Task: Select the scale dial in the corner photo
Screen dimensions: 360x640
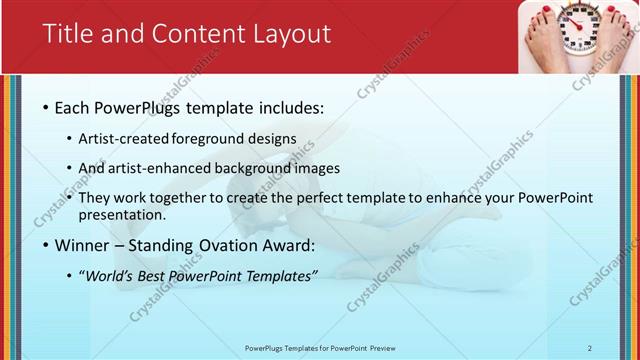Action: [x=578, y=24]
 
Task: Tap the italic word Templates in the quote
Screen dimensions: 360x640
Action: [x=280, y=275]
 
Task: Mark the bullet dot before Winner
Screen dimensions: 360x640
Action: [x=46, y=245]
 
